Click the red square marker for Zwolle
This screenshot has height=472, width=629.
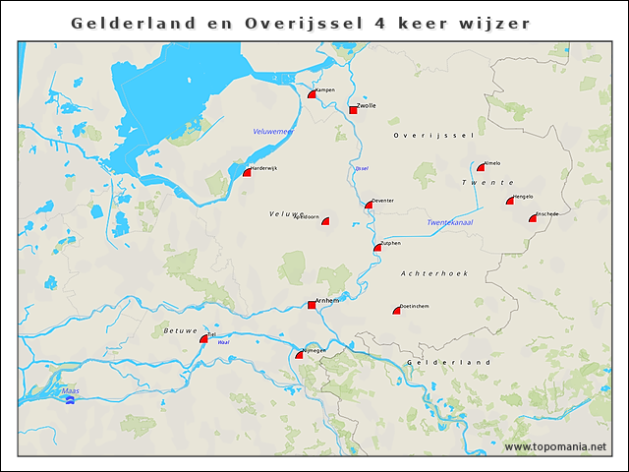point(353,110)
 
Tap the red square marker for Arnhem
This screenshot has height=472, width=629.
point(312,305)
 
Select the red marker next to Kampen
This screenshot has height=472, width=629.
point(312,95)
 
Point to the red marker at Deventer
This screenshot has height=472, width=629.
point(369,206)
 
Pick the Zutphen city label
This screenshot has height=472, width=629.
point(390,242)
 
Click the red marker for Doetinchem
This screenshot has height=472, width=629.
point(396,311)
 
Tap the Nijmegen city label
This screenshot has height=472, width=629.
point(313,349)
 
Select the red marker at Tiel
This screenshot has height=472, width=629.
point(203,339)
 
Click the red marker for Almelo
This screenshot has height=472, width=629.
point(481,167)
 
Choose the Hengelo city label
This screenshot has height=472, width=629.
point(522,196)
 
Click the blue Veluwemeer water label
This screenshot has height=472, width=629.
point(273,131)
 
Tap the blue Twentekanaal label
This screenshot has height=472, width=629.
point(450,223)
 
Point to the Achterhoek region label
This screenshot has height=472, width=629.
point(434,272)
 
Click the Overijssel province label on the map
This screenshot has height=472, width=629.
point(433,135)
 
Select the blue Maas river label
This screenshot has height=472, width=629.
point(70,390)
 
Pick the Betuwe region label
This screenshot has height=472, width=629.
point(180,331)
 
